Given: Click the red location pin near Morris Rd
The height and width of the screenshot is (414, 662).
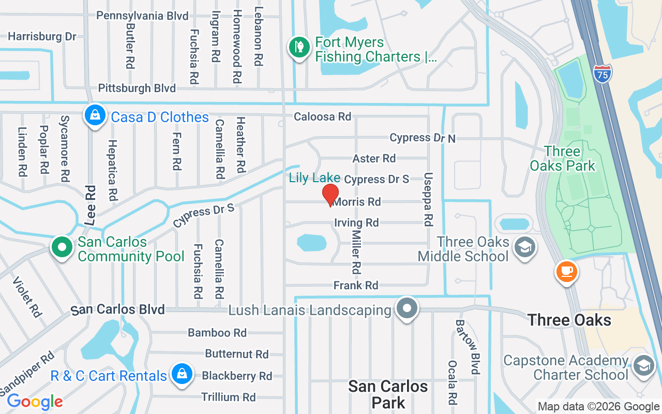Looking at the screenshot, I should tap(330, 195).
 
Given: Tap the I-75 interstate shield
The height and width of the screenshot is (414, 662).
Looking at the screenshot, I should tap(602, 73).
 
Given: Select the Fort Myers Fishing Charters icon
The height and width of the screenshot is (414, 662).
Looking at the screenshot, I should tap(298, 48).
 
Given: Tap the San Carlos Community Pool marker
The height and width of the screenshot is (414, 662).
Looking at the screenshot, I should tap(62, 247).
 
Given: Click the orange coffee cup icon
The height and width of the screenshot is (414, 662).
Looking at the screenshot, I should tap(566, 271).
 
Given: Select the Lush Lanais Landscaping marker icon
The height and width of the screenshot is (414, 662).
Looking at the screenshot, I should tap(407, 308).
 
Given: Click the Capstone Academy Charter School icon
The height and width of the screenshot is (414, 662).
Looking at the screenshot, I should tap(644, 365).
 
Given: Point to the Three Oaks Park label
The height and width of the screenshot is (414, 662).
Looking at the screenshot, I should tap(562, 158).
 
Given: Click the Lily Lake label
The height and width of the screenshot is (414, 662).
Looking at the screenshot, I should tap(314, 178).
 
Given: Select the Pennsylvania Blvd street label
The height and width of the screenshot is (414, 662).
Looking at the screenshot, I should tap(142, 16).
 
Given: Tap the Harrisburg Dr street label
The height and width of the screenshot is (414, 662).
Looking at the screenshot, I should tap(42, 36).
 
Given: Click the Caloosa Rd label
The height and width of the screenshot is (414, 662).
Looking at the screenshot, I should tap(322, 116).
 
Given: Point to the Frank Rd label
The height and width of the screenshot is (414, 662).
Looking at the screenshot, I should tap(356, 285).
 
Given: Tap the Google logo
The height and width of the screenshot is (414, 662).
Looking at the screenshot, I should tap(35, 402).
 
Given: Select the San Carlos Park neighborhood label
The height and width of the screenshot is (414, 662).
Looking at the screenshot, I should tap(388, 394).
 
